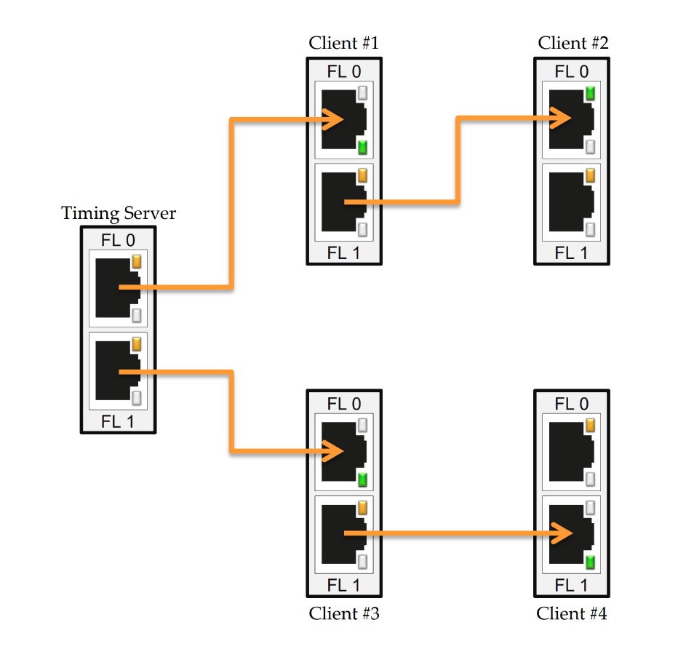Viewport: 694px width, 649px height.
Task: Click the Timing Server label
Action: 119,213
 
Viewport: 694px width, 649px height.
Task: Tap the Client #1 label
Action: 343,42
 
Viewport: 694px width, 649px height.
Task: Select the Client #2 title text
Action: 573,42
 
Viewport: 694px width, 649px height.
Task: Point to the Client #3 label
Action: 344,613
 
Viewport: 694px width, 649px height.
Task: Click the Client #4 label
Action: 572,613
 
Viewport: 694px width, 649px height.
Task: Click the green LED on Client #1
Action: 362,148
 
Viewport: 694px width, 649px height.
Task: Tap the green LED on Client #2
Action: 590,93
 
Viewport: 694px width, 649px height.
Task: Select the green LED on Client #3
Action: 362,479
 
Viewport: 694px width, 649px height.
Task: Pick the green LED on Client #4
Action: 590,562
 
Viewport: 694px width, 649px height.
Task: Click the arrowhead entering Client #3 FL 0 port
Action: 336,452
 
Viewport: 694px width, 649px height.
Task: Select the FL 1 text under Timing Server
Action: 117,422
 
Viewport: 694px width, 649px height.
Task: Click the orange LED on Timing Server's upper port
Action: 136,262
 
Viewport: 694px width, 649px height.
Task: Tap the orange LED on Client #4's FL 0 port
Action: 590,425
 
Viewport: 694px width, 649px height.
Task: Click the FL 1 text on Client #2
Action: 572,253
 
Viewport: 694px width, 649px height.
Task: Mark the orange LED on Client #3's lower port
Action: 362,507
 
